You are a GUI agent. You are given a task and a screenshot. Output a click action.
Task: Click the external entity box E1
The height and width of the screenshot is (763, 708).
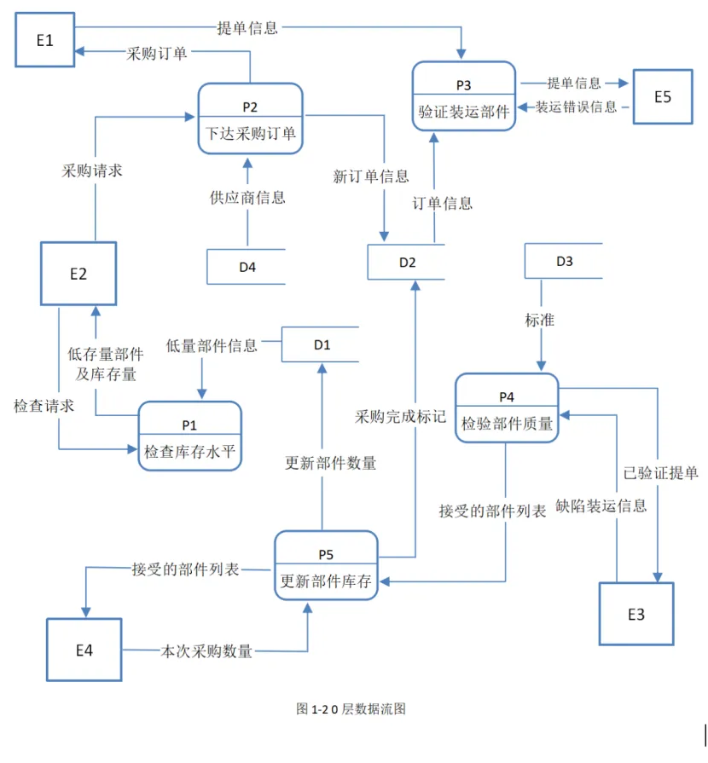45,39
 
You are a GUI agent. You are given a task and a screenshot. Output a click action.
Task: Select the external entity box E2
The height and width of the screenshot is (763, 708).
78,274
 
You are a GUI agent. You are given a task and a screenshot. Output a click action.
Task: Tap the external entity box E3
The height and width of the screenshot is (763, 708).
635,614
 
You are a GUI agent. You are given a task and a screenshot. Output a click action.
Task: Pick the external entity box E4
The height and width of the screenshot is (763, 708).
84,650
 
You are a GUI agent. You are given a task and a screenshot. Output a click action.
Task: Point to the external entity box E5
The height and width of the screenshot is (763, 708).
663,96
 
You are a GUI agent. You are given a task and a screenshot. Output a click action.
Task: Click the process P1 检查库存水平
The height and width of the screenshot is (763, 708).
189,436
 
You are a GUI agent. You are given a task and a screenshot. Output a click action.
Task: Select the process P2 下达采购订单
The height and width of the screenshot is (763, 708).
250,118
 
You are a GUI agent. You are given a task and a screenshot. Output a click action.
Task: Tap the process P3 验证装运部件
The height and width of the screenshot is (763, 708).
464,95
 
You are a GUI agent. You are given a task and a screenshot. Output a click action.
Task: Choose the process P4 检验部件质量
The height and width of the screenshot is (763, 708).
507,408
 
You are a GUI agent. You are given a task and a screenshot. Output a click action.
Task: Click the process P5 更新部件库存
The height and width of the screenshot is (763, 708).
326,566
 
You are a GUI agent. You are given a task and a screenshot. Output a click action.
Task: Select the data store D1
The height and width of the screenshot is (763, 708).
321,344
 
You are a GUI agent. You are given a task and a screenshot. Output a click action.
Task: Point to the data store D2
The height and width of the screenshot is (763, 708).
407,262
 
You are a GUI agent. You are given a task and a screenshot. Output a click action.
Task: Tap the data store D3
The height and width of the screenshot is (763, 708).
564,261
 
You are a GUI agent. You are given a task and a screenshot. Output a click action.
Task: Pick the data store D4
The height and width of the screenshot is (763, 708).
247,267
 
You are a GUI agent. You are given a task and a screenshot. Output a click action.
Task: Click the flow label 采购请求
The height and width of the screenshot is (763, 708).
92,171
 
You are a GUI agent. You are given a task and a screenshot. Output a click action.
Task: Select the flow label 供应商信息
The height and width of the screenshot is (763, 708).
247,198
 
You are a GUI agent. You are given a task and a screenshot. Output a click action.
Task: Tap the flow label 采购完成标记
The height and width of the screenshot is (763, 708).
400,417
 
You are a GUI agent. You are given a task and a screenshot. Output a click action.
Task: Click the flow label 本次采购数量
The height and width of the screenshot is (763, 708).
207,651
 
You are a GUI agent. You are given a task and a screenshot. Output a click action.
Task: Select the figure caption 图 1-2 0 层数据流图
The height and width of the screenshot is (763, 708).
351,708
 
